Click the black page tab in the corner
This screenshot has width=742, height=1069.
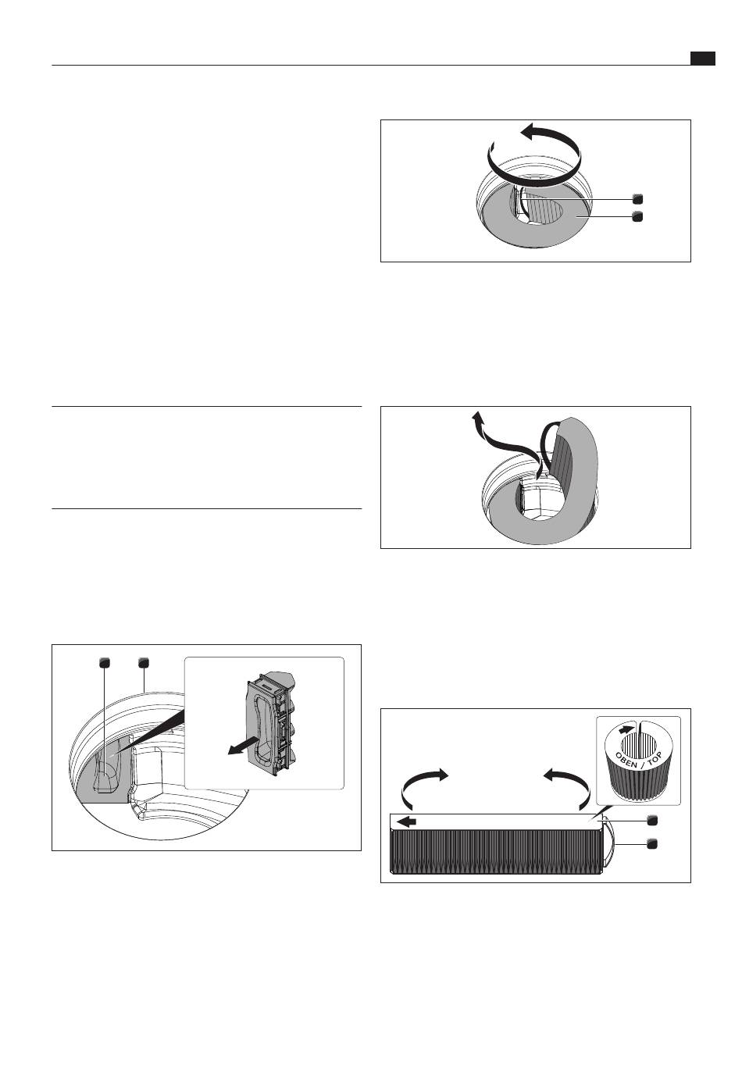pyautogui.click(x=702, y=58)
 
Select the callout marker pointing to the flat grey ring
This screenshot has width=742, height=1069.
pyautogui.click(x=637, y=216)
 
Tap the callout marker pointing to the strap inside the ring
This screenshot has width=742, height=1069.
pyautogui.click(x=637, y=198)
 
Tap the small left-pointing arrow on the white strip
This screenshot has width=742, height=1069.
pyautogui.click(x=407, y=822)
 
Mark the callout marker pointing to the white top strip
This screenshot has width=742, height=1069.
pyautogui.click(x=651, y=821)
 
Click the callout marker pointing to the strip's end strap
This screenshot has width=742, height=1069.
pyautogui.click(x=651, y=843)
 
